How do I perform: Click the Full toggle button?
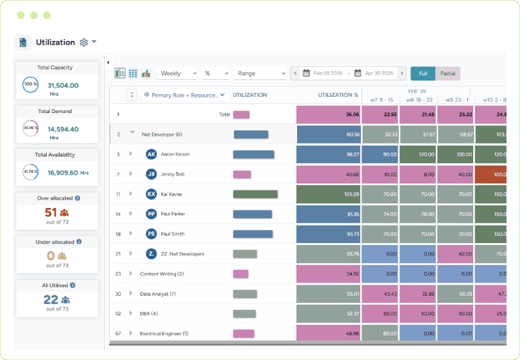tap(423, 73)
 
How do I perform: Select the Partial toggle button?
tap(448, 73)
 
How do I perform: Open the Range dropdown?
tap(261, 73)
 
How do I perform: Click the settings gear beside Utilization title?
tap(83, 42)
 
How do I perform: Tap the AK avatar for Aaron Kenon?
tap(151, 154)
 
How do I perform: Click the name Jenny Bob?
tap(173, 174)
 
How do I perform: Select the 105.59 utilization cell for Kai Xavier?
tap(328, 194)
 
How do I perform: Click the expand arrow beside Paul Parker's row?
tap(131, 213)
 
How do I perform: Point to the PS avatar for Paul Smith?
tap(151, 233)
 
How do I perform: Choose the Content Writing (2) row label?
tap(162, 274)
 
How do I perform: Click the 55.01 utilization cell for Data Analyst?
tap(328, 294)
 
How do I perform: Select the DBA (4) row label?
tap(149, 314)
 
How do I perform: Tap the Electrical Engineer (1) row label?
tap(164, 333)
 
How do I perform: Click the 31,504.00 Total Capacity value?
tap(63, 85)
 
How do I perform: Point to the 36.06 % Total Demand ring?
tap(30, 128)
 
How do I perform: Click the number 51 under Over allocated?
tap(51, 212)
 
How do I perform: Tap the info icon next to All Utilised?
tap(73, 285)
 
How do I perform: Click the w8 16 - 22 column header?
tap(419, 99)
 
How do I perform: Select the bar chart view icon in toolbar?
tap(146, 73)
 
